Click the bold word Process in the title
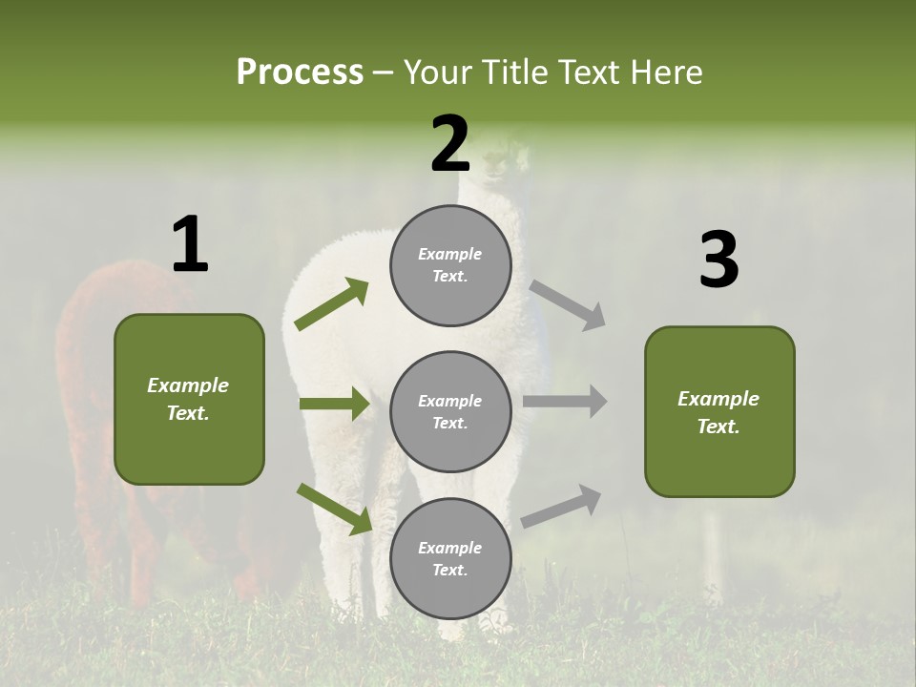coord(300,72)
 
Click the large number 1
coord(190,245)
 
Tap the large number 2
coord(450,144)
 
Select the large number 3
coord(718,260)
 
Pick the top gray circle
coord(450,265)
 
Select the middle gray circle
coord(450,412)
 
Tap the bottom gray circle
coord(450,559)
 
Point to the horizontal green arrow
coord(334,404)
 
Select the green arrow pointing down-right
coord(334,509)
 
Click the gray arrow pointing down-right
coord(568,305)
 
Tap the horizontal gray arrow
coord(565,402)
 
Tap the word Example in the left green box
coord(188,385)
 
